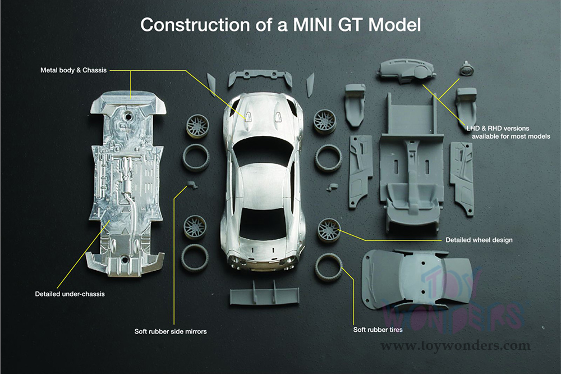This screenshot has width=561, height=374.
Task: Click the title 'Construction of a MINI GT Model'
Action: tap(280, 25)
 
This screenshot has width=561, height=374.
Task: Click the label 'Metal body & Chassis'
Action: tap(73, 70)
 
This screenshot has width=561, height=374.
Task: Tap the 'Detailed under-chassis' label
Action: tap(70, 294)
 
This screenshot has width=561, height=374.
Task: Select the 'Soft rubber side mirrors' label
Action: tap(171, 331)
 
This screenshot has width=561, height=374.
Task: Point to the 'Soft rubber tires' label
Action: tap(378, 329)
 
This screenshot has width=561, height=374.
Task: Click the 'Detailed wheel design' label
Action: tap(479, 240)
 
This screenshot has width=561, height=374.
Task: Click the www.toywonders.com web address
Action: tap(455, 345)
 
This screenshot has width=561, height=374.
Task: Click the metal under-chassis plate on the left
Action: tap(126, 185)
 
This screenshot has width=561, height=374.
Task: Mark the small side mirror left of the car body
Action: tap(192, 185)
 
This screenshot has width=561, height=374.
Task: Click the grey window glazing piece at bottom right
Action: tap(416, 279)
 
